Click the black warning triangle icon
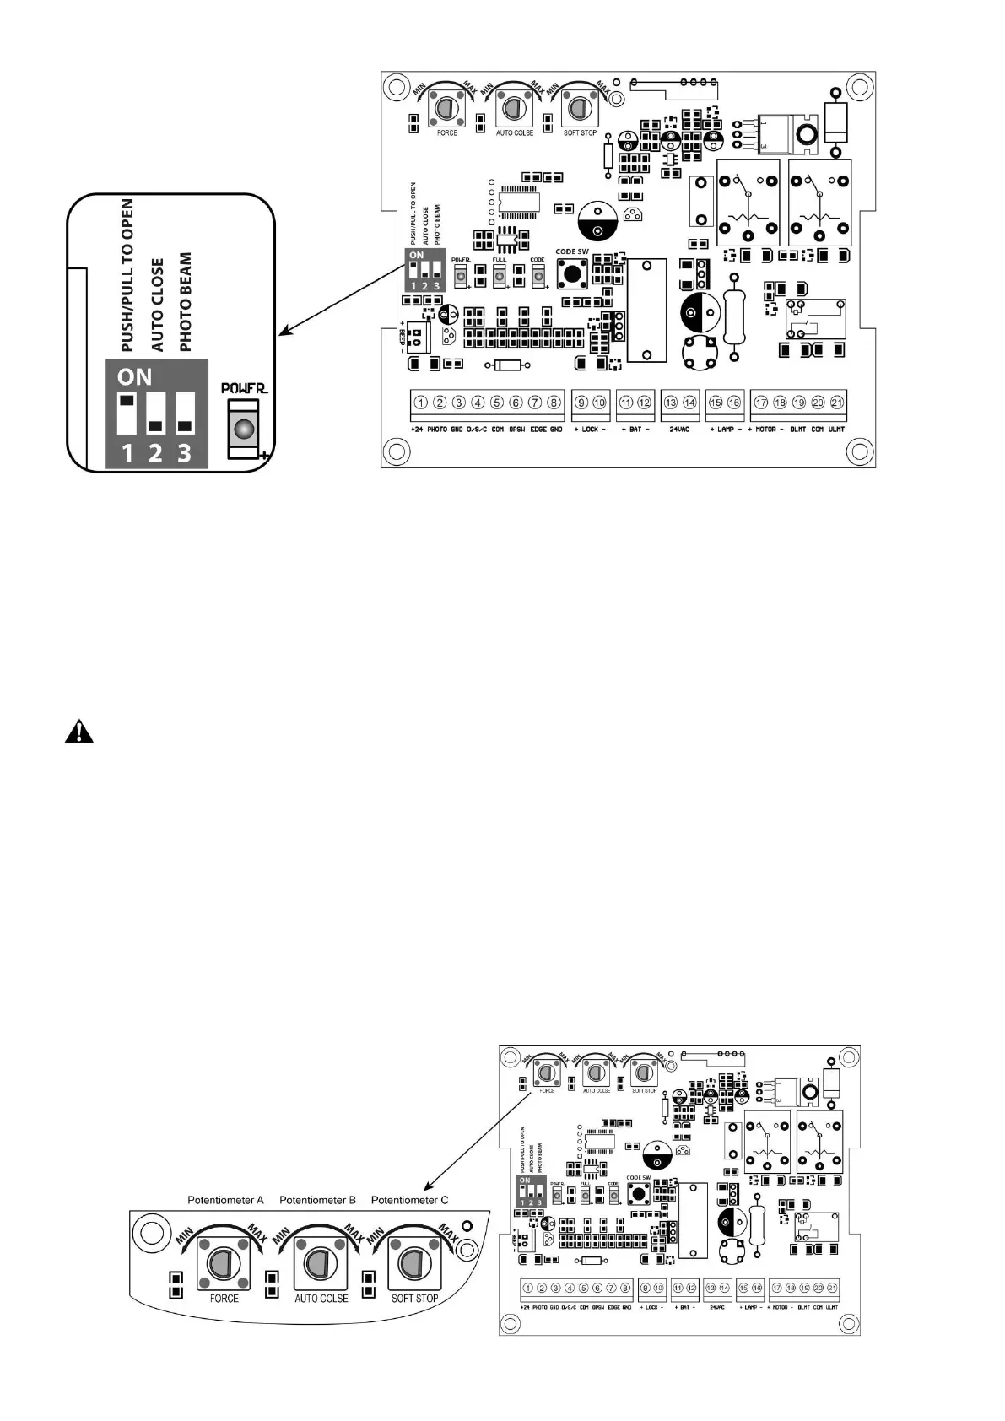pos(79,731)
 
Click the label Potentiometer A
pos(225,1200)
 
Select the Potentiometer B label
pos(317,1200)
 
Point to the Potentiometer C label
pos(409,1200)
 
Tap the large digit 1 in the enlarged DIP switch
pos(127,454)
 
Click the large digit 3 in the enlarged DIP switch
pos(184,454)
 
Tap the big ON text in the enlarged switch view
pos(135,377)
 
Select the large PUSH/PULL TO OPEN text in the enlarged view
pos(127,275)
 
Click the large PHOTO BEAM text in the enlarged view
pos(186,301)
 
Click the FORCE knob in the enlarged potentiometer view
pos(224,1263)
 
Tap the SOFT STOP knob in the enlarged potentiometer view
pos(413,1263)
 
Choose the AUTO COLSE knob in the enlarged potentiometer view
pos(318,1263)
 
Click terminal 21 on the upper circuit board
pos(837,403)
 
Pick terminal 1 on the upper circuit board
pos(420,403)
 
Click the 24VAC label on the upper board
pos(679,430)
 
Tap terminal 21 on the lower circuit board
pos(832,1288)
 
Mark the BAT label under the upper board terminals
pos(635,430)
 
